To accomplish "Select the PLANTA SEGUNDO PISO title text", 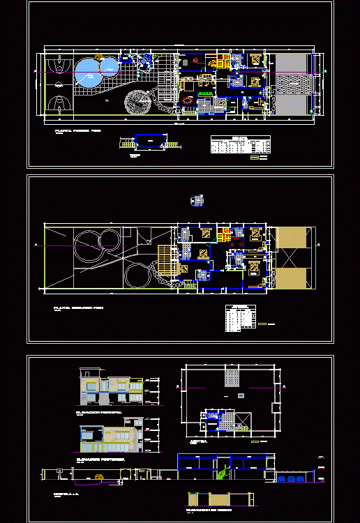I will tap(74, 308).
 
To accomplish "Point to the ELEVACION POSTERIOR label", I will tap(99, 460).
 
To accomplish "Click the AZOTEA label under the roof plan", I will tap(198, 442).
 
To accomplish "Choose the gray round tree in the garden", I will tap(137, 103).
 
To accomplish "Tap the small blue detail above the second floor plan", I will tap(198, 201).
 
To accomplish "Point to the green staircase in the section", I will tap(223, 473).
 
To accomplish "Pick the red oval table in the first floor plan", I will tap(188, 100).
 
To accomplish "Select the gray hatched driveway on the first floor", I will tap(292, 85).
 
